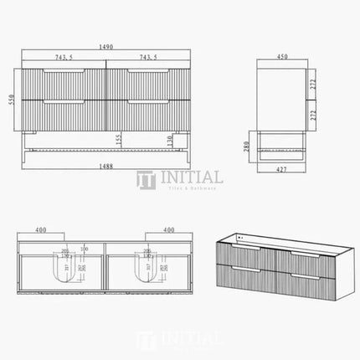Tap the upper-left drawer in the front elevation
pyautogui.click(x=64, y=84)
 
